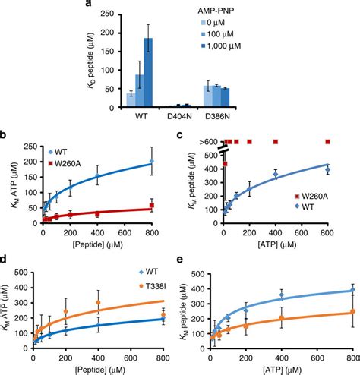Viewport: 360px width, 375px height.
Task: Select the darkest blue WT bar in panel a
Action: pos(149,74)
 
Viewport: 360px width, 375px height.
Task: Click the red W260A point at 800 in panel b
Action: pos(152,205)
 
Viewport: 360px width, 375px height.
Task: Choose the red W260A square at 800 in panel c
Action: pos(328,141)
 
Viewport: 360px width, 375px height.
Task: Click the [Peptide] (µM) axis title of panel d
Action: pos(96,369)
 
